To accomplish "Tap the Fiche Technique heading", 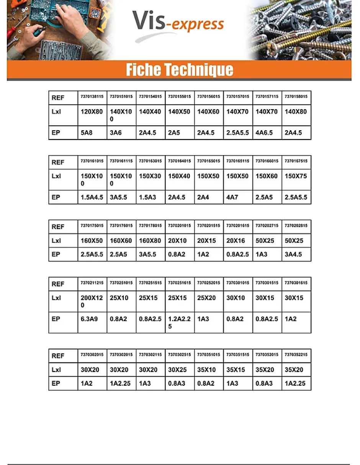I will (x=179, y=70).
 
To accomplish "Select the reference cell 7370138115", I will (x=92, y=97).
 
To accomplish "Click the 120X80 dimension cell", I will (x=92, y=112).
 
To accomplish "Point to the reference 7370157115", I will (x=267, y=97).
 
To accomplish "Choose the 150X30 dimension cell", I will (x=150, y=176).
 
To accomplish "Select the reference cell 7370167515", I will (x=296, y=161).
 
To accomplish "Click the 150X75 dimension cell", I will (x=296, y=176).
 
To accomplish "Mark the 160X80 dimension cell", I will (x=150, y=241).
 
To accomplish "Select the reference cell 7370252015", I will (x=209, y=283).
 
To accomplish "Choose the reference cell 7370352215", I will (x=296, y=355).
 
